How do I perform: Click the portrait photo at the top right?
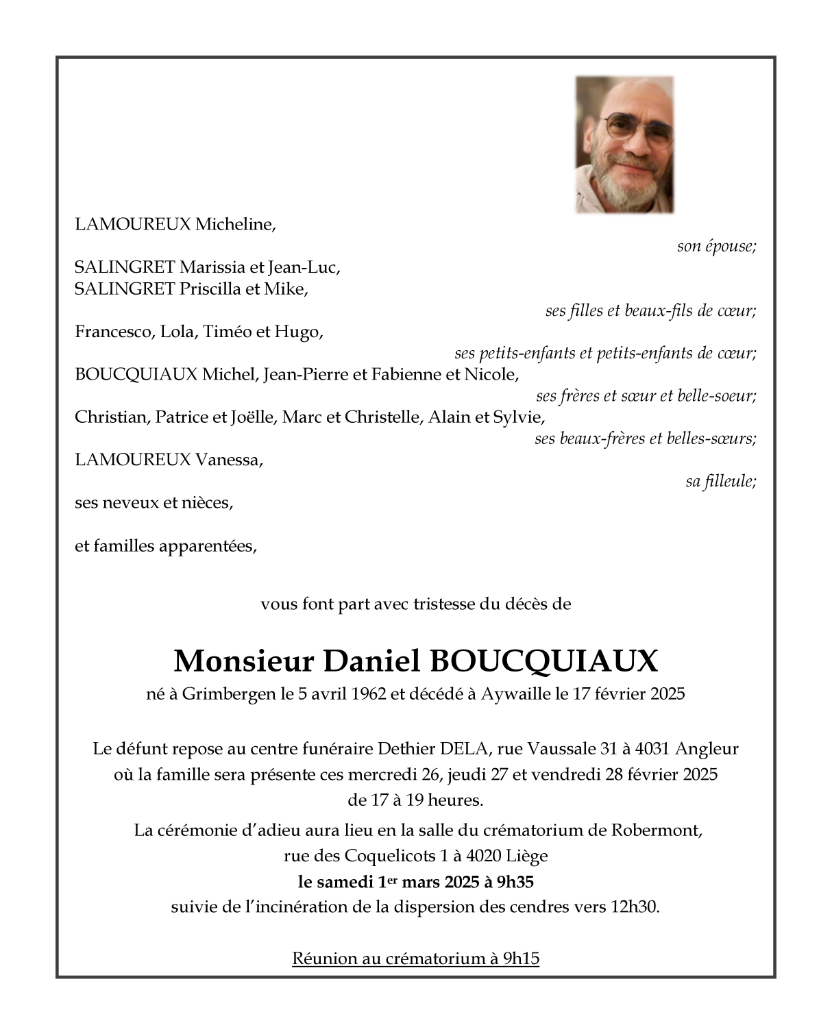click(x=624, y=144)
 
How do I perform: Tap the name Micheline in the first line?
click(x=235, y=225)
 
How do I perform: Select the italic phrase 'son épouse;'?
click(x=716, y=247)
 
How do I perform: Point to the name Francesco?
click(x=114, y=332)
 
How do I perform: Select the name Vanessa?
click(x=229, y=460)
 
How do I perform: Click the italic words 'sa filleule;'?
click(x=721, y=482)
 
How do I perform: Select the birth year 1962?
click(x=367, y=694)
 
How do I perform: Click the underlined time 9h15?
click(x=521, y=959)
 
